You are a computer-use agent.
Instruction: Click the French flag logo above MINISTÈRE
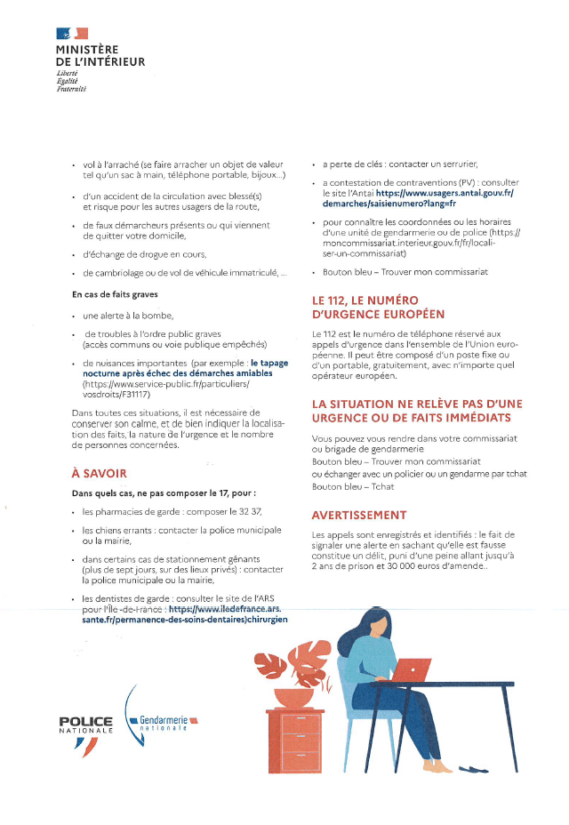pyautogui.click(x=72, y=34)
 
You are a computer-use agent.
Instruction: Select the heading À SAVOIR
pyautogui.click(x=99, y=473)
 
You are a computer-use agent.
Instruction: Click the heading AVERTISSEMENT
pyautogui.click(x=359, y=515)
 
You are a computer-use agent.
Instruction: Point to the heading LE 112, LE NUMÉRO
pyautogui.click(x=365, y=300)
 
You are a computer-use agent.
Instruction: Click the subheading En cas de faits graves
pyautogui.click(x=115, y=293)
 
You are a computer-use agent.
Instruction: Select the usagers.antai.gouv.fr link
pyautogui.click(x=445, y=192)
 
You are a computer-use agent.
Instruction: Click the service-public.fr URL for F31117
pyautogui.click(x=154, y=384)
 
